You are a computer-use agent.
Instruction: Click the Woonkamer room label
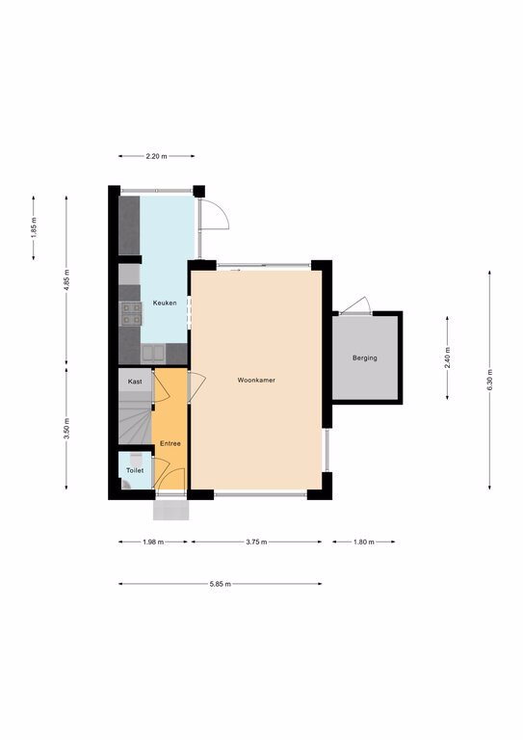coord(256,380)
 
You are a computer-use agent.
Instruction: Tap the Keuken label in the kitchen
coord(165,303)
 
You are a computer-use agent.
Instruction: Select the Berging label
coord(364,357)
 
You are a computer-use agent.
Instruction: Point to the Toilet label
coord(135,470)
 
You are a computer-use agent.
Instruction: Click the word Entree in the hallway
coord(170,443)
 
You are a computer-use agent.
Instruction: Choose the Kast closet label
coord(135,382)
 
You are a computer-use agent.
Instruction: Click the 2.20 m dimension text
coord(157,156)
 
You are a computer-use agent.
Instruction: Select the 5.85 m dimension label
coord(221,584)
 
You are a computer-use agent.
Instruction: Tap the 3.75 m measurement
coord(256,542)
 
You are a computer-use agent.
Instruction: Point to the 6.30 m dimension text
coord(489,380)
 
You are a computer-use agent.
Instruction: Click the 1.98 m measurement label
coord(153,542)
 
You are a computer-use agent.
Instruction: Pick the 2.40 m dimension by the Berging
coord(447,357)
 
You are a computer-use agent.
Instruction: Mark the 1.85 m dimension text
coord(34,227)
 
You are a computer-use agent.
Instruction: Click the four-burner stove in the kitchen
coord(132,314)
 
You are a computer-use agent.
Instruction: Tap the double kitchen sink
coord(153,354)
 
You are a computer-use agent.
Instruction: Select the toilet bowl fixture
coord(137,458)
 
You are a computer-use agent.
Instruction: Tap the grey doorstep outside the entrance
coord(171,511)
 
